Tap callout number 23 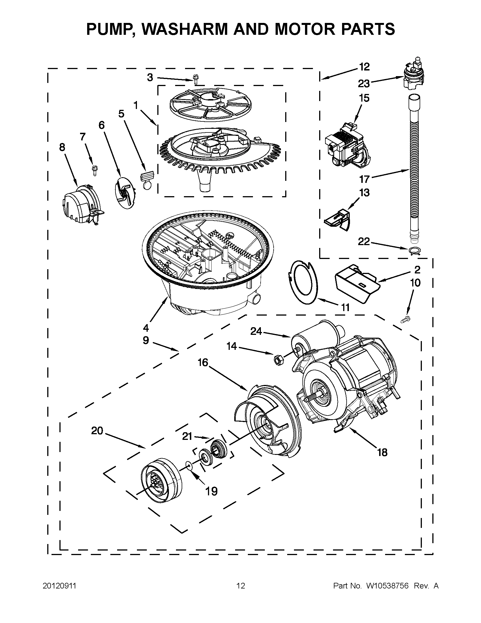click(364, 84)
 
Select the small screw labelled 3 click(196, 80)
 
